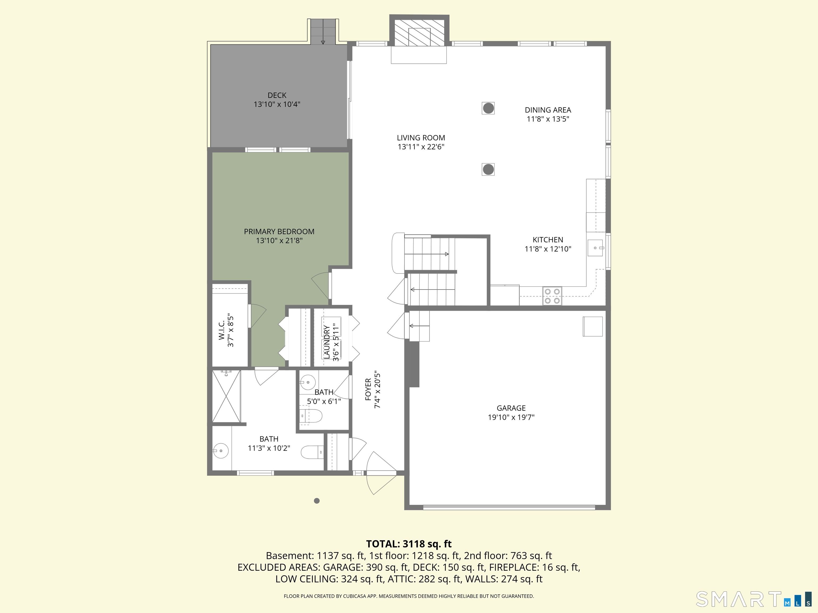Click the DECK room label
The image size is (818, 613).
coord(277,95)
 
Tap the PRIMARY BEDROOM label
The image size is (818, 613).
coord(279,232)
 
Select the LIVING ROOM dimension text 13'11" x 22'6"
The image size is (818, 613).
coord(421,147)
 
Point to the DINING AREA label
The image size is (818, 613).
coord(548,110)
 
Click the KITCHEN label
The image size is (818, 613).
coord(548,240)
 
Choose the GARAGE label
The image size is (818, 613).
coord(511,408)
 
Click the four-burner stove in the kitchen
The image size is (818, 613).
coord(552,296)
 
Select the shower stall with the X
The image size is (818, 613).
coord(226,396)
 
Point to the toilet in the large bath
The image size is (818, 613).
coord(312,452)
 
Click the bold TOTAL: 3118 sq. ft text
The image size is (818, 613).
coord(409,544)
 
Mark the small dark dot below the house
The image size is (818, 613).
coord(317,501)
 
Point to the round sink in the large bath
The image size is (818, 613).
coord(220,451)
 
